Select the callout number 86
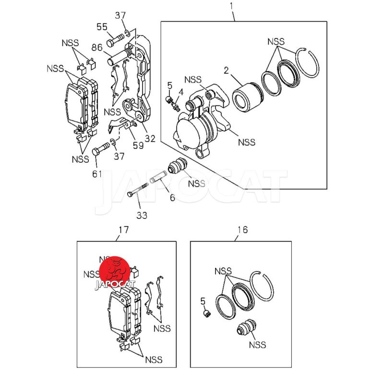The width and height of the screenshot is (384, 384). pos(97,48)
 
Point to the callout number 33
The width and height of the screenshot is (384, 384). pos(142,216)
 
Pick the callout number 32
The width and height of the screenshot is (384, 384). pos(150,139)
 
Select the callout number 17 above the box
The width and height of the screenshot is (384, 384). pos(123,230)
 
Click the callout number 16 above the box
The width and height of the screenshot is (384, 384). pos(242,230)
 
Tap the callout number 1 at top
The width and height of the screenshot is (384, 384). pos(232,6)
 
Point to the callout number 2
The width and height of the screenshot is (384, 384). pos(226,71)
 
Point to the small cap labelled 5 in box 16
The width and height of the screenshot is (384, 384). pos(207,313)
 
